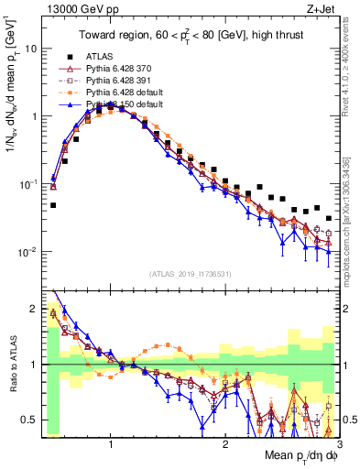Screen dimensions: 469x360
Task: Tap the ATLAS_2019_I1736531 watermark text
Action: pos(187,274)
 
